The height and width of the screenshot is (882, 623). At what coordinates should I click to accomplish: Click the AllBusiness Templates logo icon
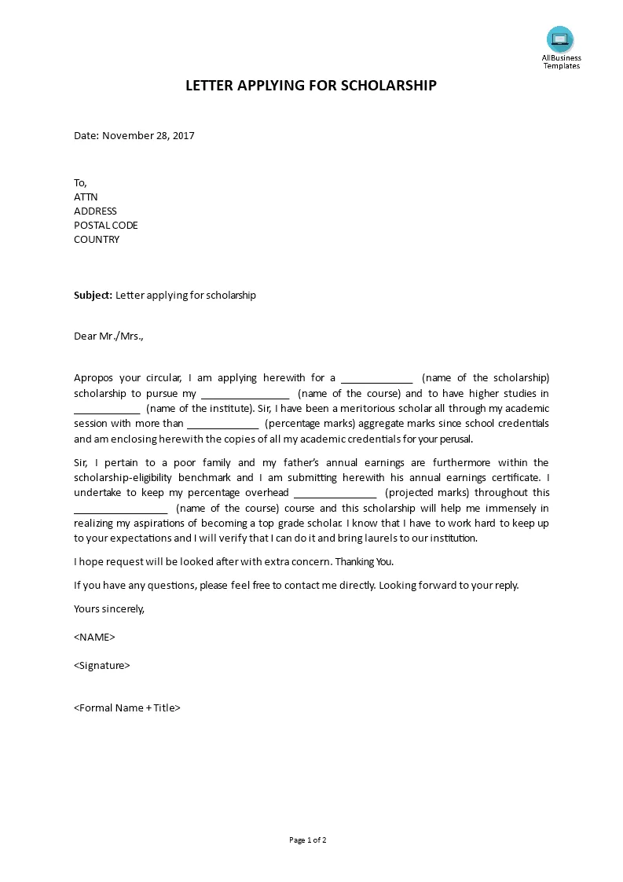coord(560,39)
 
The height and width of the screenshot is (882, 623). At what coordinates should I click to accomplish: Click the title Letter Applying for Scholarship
coord(311,86)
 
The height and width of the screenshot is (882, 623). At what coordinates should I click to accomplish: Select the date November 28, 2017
coord(148,135)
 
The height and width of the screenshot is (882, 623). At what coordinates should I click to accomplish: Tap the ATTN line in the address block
coord(86,197)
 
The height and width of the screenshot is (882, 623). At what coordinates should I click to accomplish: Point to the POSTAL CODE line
coord(105,226)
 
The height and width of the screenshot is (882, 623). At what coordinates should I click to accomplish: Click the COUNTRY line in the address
coord(97,240)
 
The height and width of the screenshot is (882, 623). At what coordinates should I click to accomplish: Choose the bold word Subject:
coord(93,296)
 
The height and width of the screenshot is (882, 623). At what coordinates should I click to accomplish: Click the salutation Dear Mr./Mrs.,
coord(109,336)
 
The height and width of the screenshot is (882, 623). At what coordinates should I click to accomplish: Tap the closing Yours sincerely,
coord(109,608)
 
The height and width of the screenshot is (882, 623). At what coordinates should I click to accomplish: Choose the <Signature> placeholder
coord(102,666)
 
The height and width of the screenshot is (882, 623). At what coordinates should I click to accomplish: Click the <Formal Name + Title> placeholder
coord(127,707)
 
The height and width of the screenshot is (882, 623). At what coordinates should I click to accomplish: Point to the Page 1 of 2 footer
coord(308,840)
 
